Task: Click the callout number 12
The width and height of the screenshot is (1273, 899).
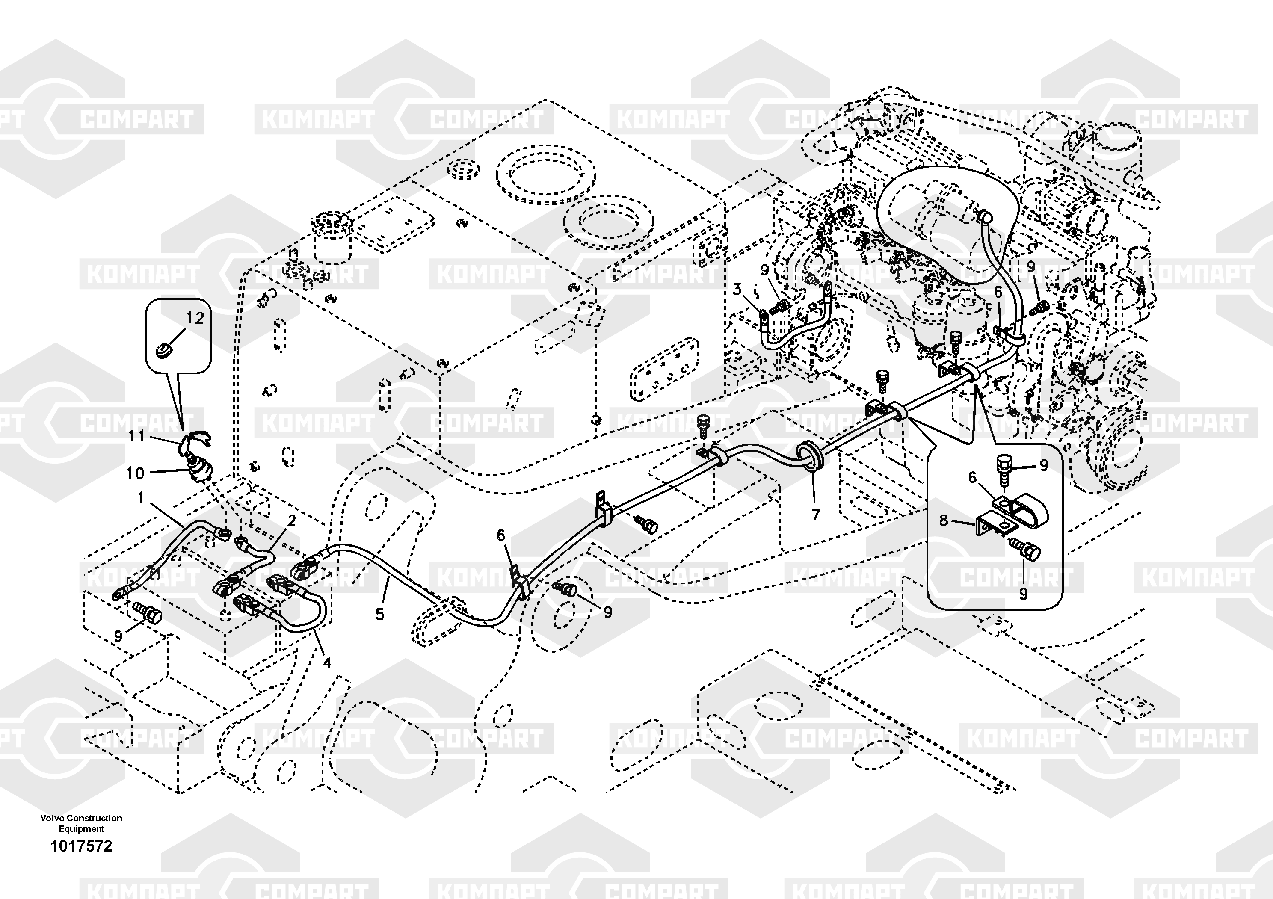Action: [195, 318]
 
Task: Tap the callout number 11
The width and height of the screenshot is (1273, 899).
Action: [136, 436]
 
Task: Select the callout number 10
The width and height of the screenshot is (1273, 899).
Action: [135, 473]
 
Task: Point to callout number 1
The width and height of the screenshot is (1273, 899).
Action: [141, 497]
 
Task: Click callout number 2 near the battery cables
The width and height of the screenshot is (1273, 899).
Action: [291, 520]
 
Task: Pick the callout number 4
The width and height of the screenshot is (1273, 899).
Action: [326, 662]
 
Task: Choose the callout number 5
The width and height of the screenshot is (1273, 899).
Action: [380, 614]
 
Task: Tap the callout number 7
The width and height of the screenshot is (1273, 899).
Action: [816, 515]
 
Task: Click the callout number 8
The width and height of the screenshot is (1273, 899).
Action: [944, 520]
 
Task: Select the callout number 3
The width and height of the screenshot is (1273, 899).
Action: [737, 289]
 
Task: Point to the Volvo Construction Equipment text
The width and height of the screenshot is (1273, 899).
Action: [82, 823]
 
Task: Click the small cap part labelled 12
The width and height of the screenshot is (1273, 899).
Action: [164, 350]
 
